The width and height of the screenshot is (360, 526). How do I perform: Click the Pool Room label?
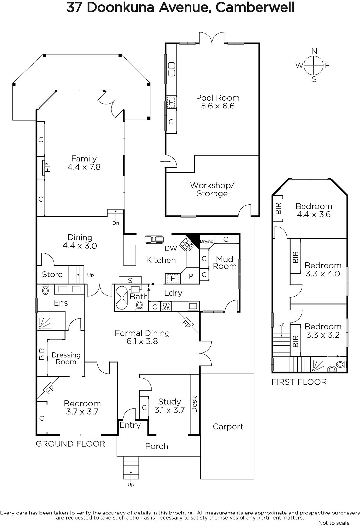tap(218, 98)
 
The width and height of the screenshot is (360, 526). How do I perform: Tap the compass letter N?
tap(314, 51)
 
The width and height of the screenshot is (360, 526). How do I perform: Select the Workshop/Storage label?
tap(212, 189)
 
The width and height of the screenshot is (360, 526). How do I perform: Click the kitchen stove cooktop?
tap(187, 245)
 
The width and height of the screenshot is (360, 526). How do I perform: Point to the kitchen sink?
tap(154, 240)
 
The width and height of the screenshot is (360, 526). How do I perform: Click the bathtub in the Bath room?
tap(122, 298)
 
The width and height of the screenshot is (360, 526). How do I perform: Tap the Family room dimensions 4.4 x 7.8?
tap(84, 167)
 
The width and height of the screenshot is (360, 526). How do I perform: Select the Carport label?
tap(228, 427)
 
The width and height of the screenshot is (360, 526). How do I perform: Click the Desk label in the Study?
tap(194, 404)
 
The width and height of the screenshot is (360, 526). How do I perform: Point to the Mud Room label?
tap(225, 263)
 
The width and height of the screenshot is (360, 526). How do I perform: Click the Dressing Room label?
tap(66, 358)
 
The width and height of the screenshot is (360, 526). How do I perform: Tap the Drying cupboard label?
tap(207, 241)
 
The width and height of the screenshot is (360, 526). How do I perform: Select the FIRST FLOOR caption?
tap(299, 382)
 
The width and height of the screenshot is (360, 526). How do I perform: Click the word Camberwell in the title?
tap(255, 8)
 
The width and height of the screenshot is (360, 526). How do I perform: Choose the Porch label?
tap(157, 446)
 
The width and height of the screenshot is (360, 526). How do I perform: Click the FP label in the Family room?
tap(47, 168)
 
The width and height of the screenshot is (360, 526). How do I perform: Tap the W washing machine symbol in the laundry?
tap(166, 307)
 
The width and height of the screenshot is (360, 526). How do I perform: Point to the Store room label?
tap(52, 274)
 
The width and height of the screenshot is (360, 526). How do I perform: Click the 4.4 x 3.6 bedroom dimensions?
tap(314, 214)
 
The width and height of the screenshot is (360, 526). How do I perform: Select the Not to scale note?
tap(334, 523)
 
